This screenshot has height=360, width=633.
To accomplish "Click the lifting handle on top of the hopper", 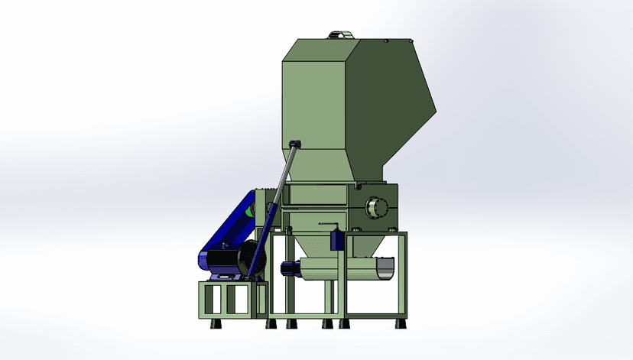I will tap(337, 34).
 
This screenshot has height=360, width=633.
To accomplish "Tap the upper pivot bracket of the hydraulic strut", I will tap(295, 144).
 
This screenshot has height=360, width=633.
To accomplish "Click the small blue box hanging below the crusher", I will tap(335, 239).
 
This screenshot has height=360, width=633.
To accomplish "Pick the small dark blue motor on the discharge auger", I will tap(289, 268).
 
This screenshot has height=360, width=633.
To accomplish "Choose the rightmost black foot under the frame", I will tap(398, 323).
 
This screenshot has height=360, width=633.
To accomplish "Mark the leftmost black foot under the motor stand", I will tap(213, 323).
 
